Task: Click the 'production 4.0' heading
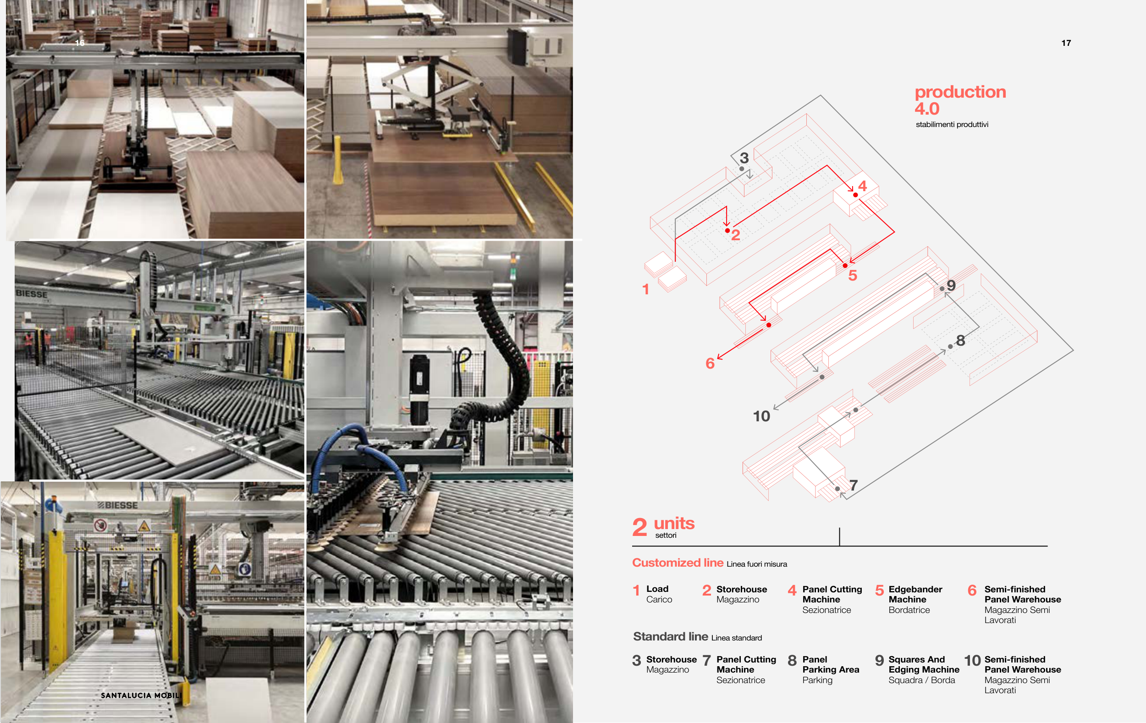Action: point(960,100)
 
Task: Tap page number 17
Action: point(1066,43)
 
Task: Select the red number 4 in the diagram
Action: point(862,186)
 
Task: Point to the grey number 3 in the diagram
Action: point(744,158)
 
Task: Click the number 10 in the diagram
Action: point(761,416)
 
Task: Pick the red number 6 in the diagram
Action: point(710,364)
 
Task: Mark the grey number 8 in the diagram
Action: point(960,340)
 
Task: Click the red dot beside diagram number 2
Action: point(727,230)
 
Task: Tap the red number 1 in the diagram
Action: point(645,289)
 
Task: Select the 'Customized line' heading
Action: point(678,563)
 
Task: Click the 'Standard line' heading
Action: point(671,636)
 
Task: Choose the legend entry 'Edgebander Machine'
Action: point(915,594)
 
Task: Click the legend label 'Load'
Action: point(657,589)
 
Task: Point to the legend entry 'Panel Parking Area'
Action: point(831,664)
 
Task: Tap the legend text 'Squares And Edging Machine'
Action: point(924,664)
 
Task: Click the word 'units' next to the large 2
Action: point(674,523)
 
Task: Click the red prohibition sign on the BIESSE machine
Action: point(100,525)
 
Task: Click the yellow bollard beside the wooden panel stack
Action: point(338,160)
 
